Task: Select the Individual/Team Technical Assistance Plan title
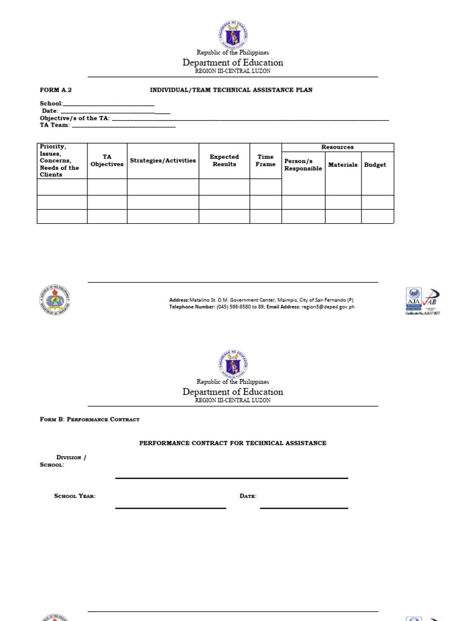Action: click(231, 90)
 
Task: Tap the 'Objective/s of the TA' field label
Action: click(75, 118)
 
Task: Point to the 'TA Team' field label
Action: click(55, 126)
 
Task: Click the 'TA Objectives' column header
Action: click(107, 161)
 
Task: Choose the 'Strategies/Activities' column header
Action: click(163, 161)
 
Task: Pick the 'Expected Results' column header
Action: click(225, 161)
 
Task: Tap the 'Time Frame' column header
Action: click(265, 161)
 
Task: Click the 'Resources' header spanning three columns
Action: click(337, 147)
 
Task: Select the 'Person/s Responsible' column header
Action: click(303, 165)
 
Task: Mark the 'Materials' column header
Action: click(343, 165)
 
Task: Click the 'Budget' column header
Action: click(375, 165)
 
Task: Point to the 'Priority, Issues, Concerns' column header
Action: click(59, 161)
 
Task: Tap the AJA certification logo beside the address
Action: click(414, 299)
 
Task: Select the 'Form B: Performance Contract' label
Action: click(89, 419)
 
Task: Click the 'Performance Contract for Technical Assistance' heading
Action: click(233, 443)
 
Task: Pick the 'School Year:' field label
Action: click(75, 496)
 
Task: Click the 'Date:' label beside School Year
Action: click(248, 496)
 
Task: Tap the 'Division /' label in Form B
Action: click(71, 458)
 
